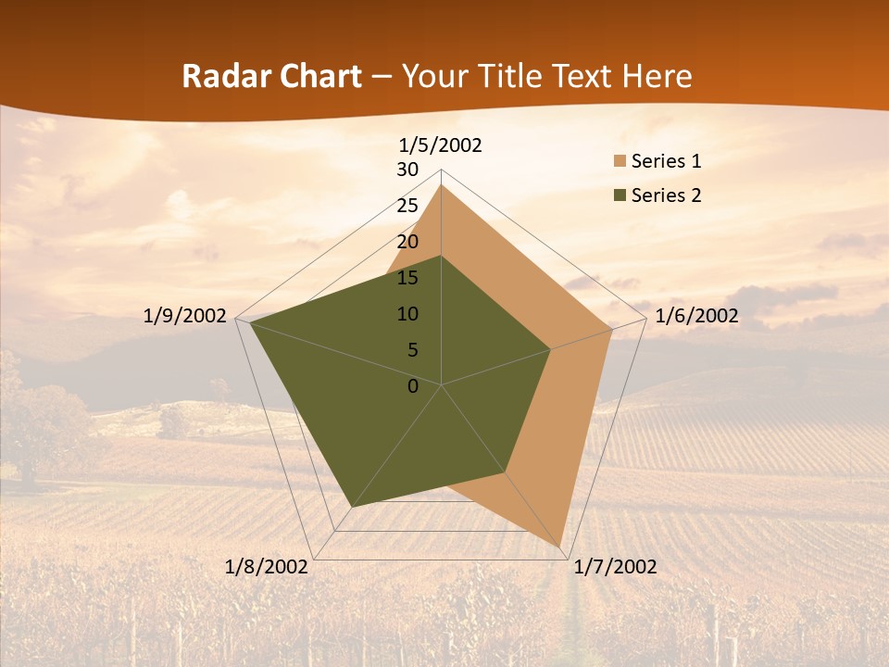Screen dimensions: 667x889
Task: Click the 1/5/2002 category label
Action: click(x=440, y=145)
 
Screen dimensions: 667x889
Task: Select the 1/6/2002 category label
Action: click(x=696, y=316)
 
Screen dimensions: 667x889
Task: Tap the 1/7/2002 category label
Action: click(x=615, y=567)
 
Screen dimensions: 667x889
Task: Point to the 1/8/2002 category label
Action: click(x=267, y=567)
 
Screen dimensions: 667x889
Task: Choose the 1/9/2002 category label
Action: click(x=185, y=316)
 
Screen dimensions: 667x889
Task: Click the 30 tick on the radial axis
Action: click(x=407, y=170)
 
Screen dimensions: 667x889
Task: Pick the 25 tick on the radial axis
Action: click(x=407, y=206)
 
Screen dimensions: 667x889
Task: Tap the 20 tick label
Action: click(x=407, y=242)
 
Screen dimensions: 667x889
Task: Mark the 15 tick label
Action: click(x=407, y=278)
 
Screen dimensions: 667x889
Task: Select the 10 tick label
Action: click(x=407, y=314)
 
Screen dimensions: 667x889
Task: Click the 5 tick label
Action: click(x=413, y=350)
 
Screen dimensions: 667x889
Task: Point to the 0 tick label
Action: click(x=413, y=386)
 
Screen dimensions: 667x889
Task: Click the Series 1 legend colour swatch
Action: click(x=620, y=162)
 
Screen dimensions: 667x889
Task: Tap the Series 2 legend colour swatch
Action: click(x=620, y=195)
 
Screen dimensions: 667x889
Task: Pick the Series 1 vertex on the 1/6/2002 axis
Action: click(x=612, y=329)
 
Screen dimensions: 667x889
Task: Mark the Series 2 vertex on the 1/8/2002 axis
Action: click(x=352, y=507)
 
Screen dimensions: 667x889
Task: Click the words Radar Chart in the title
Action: click(x=271, y=77)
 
